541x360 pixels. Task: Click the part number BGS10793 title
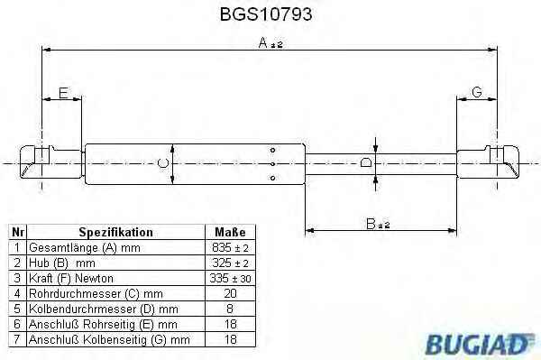(x=266, y=14)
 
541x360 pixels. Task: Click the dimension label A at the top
(x=263, y=42)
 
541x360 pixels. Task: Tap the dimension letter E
(x=63, y=93)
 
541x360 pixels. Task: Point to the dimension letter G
(x=476, y=92)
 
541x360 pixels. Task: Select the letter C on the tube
(x=162, y=162)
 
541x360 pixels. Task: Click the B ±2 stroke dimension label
(x=378, y=224)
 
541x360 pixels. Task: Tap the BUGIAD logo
(x=479, y=344)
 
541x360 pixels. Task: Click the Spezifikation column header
(x=116, y=232)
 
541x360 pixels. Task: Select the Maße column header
(x=230, y=232)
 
